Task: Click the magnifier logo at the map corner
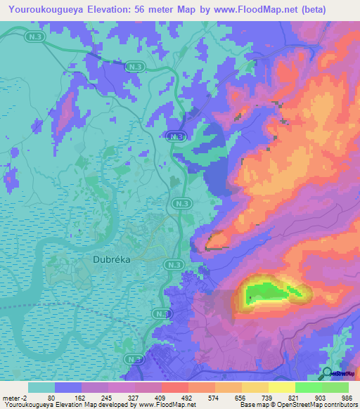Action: coord(327,372)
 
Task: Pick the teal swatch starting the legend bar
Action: coord(41,387)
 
